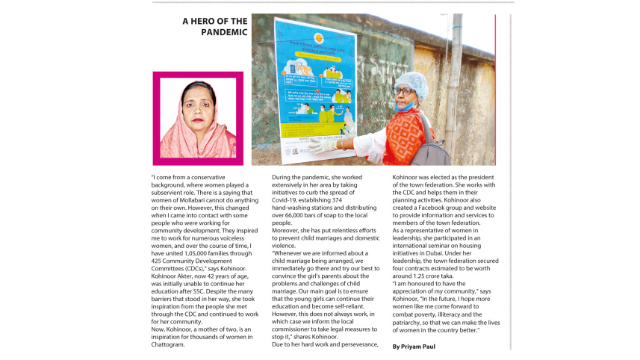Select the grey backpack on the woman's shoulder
click(x=432, y=146)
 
